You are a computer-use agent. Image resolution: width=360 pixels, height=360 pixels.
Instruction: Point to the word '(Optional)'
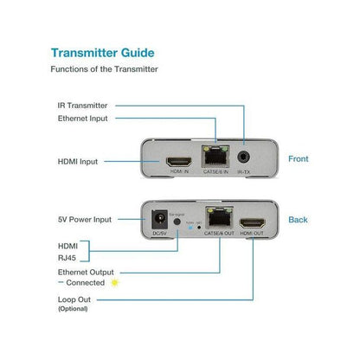pos(73,309)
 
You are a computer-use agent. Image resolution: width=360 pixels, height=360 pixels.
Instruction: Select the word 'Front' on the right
pos(299,159)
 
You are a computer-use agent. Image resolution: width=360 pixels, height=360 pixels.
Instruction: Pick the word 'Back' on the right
pos(298,220)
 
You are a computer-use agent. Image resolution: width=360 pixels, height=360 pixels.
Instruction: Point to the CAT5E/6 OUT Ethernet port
pos(216,217)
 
